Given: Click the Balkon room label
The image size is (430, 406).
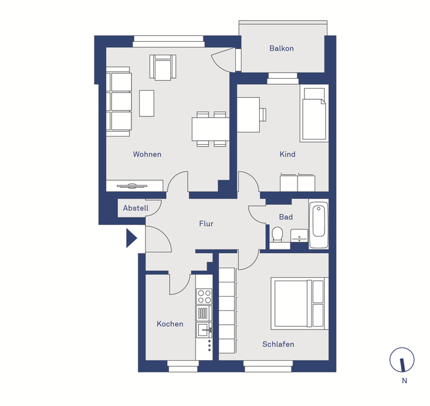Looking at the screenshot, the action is [x=282, y=48].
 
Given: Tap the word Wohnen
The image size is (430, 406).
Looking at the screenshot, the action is [x=147, y=154].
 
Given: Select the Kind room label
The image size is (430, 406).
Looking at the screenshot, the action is [x=287, y=154].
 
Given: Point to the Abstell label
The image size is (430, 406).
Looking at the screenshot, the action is [x=135, y=208].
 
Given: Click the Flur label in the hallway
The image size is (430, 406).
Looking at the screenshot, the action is [x=206, y=224].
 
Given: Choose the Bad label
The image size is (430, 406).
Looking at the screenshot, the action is [x=286, y=217].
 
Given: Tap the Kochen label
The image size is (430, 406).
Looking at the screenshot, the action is [x=170, y=324].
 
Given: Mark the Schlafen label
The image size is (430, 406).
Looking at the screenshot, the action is [x=278, y=344].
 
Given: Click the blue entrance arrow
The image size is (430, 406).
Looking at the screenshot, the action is [x=131, y=238].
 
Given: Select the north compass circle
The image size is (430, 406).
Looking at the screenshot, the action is [x=402, y=360].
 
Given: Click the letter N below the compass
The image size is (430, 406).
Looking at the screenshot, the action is [x=404, y=381].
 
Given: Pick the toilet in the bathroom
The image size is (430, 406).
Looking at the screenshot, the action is [x=277, y=235].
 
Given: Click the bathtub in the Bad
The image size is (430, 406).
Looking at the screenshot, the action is [x=319, y=224].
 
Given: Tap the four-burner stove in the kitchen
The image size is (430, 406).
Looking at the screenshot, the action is [x=204, y=297].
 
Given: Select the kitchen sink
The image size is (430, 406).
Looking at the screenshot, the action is [x=204, y=330].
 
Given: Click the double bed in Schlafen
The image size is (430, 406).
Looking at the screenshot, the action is [x=299, y=303].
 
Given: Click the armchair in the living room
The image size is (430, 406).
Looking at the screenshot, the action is [x=163, y=68].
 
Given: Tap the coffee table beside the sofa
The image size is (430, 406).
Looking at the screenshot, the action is [x=147, y=104].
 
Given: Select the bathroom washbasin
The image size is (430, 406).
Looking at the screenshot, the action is [x=299, y=236].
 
